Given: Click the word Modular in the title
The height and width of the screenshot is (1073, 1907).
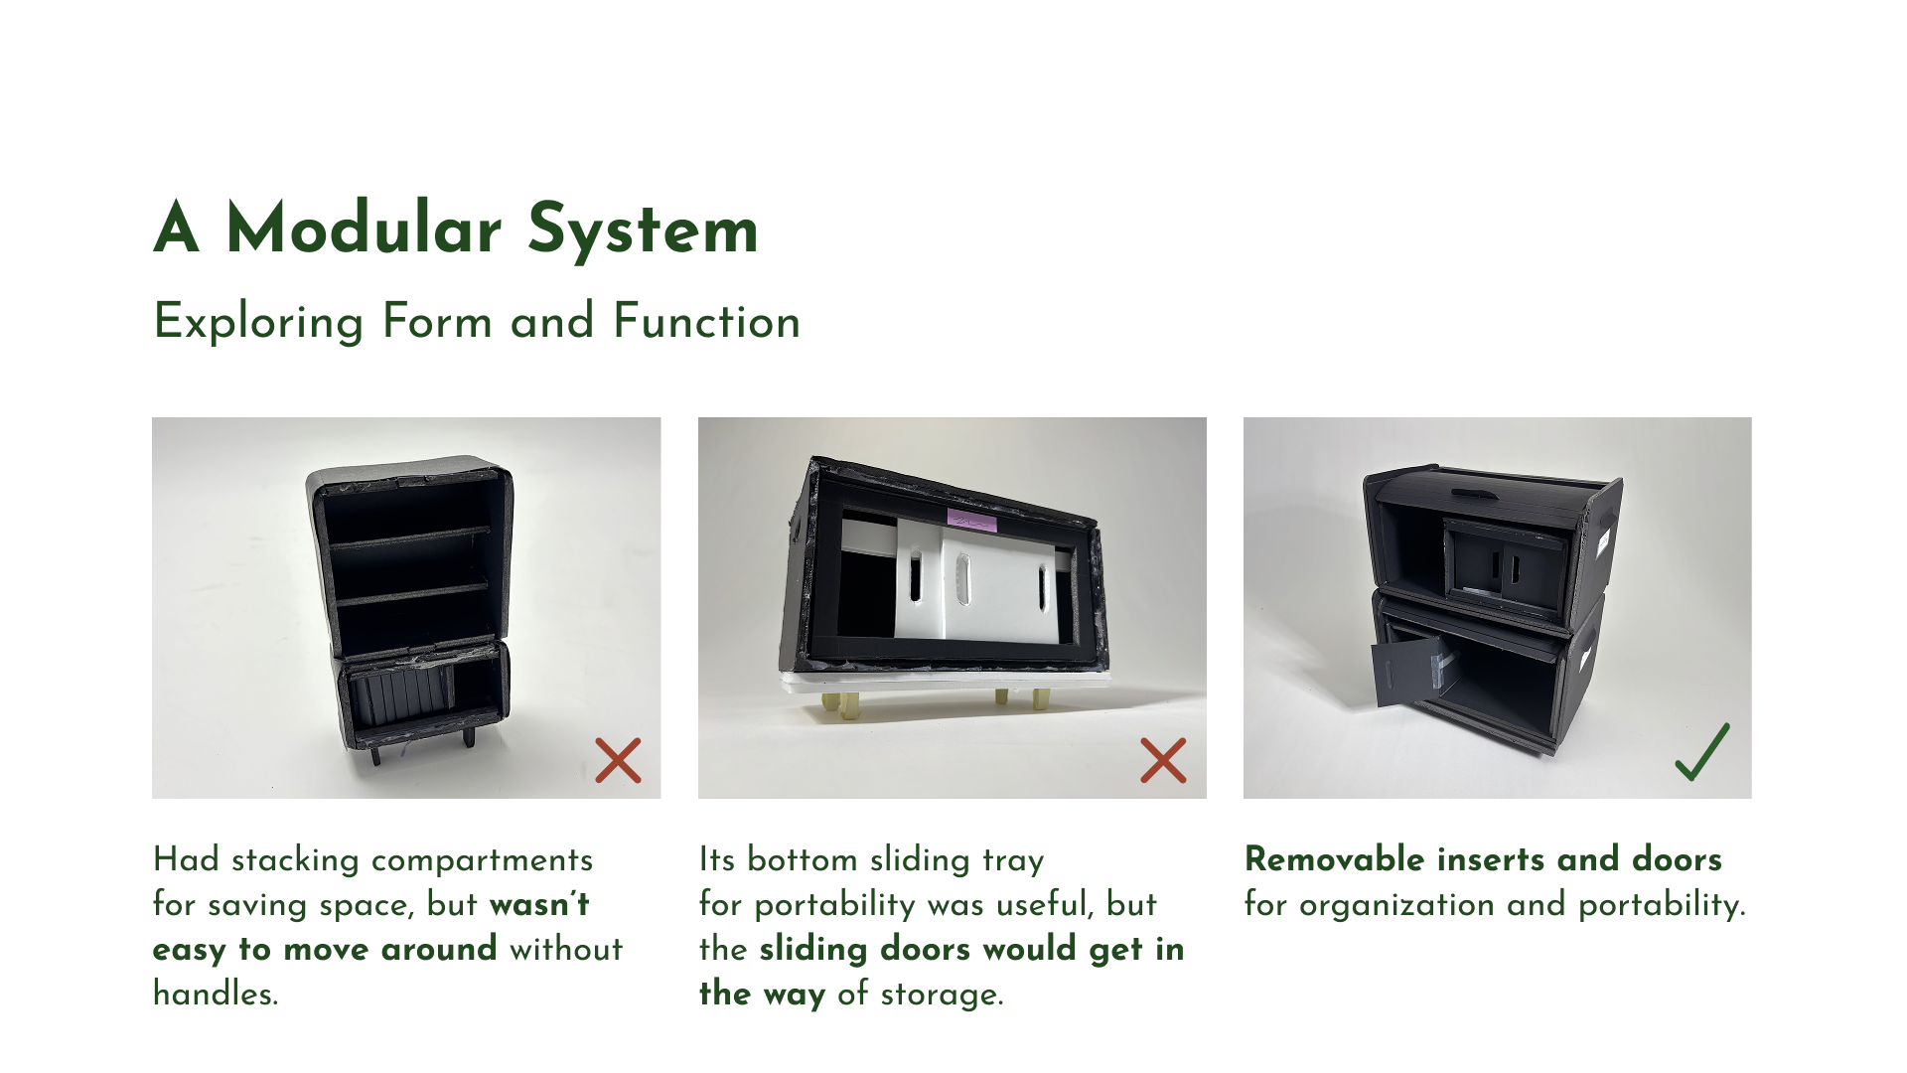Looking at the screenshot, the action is click(364, 230).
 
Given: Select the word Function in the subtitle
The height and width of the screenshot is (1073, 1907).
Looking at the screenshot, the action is click(706, 322).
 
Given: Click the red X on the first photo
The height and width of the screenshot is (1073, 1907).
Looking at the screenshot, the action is click(618, 760).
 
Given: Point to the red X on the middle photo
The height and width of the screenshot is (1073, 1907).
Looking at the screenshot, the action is click(1163, 760).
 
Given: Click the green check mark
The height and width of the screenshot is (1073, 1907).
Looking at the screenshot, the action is click(1702, 752).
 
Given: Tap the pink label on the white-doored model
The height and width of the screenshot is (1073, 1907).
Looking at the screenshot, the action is click(971, 521).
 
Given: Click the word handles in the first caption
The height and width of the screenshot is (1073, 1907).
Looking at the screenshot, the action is click(216, 994).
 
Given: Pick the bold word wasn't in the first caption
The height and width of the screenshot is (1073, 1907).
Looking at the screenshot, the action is click(539, 904).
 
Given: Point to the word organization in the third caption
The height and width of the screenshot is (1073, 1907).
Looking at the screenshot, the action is click(1396, 904).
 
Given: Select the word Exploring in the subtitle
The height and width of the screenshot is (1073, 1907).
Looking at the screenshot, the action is click(259, 322).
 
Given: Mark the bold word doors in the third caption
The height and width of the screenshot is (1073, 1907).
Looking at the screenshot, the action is click(1677, 859).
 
